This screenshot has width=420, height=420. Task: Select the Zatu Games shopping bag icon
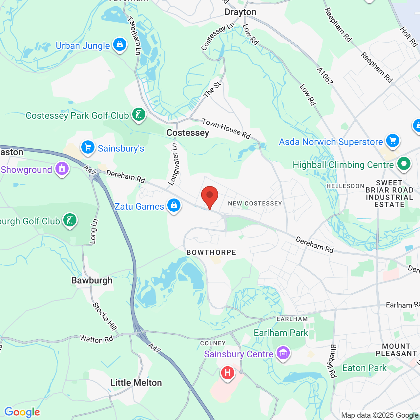(174, 205)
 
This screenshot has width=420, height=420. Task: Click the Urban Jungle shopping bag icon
(120, 44)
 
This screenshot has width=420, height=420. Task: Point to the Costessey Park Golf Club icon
(139, 115)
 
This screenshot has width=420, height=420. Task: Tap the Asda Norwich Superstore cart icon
(392, 141)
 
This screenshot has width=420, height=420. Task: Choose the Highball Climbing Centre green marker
(404, 163)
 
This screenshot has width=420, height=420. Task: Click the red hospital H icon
(227, 373)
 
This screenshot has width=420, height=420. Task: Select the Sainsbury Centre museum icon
(283, 353)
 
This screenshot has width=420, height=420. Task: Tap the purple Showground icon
(62, 169)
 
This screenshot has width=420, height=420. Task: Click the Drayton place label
(240, 12)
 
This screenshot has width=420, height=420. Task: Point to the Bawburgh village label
(92, 280)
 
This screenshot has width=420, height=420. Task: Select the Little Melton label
(136, 383)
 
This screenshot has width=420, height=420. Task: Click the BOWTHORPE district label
(211, 252)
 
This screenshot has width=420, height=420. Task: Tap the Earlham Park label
(281, 333)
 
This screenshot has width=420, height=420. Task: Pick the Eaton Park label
(364, 368)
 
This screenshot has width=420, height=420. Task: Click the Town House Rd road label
(226, 129)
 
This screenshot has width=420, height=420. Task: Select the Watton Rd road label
(96, 339)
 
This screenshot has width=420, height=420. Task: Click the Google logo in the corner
(22, 412)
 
